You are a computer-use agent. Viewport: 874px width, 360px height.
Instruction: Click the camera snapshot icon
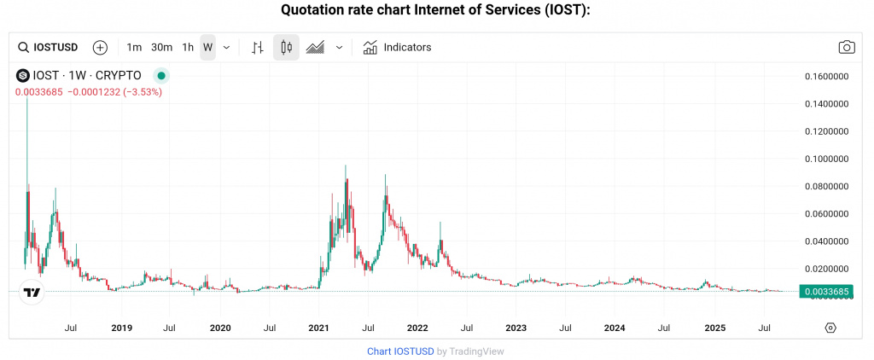(847, 47)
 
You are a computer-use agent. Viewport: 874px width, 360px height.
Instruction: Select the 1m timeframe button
(134, 47)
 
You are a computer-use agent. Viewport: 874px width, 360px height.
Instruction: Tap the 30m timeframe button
(161, 47)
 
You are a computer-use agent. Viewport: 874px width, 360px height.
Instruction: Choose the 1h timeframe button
(188, 47)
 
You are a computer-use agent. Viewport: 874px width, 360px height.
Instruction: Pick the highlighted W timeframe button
(207, 47)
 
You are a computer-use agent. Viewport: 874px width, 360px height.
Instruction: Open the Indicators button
(397, 47)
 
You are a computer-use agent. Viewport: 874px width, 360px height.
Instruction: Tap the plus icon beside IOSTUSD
(100, 47)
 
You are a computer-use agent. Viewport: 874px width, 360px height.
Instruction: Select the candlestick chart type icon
(286, 47)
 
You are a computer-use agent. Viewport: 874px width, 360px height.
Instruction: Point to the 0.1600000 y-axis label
(827, 77)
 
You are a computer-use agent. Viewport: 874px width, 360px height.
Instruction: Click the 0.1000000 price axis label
(827, 159)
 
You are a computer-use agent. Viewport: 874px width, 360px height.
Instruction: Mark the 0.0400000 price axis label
(827, 241)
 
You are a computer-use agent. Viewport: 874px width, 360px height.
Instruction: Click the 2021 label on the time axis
(319, 328)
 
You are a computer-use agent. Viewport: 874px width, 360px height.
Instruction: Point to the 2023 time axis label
(516, 328)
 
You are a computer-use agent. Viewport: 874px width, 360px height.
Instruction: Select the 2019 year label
(122, 328)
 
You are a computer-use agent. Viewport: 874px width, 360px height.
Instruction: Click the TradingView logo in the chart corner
(32, 293)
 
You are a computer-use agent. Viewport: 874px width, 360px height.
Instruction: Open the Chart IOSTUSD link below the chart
(400, 351)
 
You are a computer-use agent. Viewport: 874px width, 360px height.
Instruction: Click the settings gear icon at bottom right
(830, 328)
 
